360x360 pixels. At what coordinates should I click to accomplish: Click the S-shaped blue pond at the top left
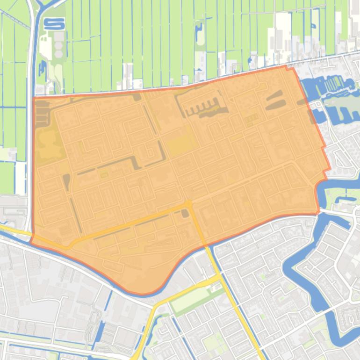(x=54, y=23)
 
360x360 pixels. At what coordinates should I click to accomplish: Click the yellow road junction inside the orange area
(x=188, y=204)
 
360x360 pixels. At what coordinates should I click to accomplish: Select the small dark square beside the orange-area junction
(x=185, y=214)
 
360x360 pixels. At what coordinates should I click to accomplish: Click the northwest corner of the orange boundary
(x=33, y=98)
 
